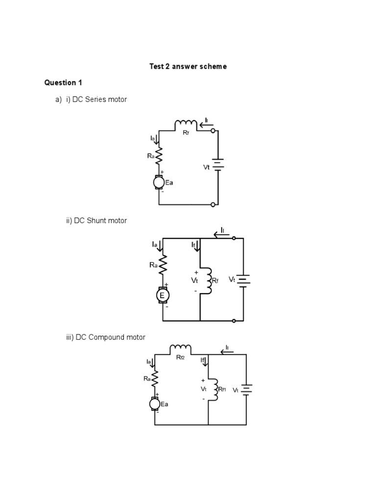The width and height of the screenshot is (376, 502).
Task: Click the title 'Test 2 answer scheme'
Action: pos(188,66)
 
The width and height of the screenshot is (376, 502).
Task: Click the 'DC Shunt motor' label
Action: pos(100,221)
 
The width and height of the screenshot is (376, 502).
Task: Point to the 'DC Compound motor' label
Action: pos(110,337)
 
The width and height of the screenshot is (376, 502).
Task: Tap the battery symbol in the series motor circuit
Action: pos(218,165)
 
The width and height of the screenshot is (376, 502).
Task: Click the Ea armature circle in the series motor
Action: pos(159,182)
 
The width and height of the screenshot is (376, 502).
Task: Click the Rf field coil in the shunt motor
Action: pos(209,280)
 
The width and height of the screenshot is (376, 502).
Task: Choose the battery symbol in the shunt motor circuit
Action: pos(243,279)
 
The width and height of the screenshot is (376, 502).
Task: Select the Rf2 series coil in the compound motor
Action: pos(180,350)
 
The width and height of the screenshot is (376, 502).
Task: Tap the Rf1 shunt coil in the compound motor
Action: pos(213,389)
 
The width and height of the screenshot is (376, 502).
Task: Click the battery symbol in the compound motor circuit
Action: pos(246,390)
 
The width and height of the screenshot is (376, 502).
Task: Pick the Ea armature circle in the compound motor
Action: pos(155,403)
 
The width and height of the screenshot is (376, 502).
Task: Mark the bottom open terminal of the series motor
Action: pos(212,204)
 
